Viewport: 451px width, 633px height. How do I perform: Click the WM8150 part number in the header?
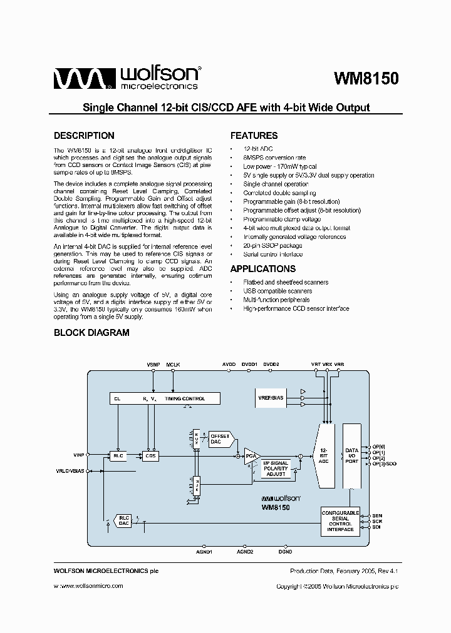pyautogui.click(x=366, y=79)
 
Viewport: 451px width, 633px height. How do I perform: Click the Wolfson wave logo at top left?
pyautogui.click(x=83, y=79)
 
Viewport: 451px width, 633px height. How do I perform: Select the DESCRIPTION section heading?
pyautogui.click(x=84, y=136)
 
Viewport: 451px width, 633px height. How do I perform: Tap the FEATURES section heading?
pyautogui.click(x=254, y=136)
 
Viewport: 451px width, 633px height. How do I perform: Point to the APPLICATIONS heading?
pyautogui.click(x=262, y=269)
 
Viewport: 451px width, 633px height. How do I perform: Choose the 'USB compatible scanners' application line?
pyautogui.click(x=277, y=291)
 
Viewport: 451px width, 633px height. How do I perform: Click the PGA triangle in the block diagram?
pyautogui.click(x=251, y=456)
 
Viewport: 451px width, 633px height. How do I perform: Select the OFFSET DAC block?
pyautogui.click(x=219, y=438)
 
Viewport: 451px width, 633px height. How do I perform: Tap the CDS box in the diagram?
pyautogui.click(x=150, y=456)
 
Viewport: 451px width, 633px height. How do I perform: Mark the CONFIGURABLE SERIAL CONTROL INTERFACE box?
pyautogui.click(x=340, y=521)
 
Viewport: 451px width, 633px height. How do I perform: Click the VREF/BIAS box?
pyautogui.click(x=269, y=398)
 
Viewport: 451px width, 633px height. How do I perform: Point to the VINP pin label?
pyautogui.click(x=79, y=455)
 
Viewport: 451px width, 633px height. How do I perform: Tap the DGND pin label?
pyautogui.click(x=285, y=552)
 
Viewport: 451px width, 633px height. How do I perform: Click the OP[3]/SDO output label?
pyautogui.click(x=384, y=463)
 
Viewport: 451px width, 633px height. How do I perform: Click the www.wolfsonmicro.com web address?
pyautogui.click(x=88, y=586)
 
